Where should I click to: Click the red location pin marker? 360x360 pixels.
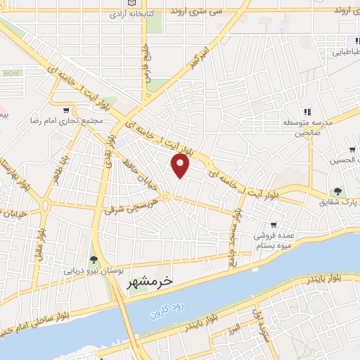point(181,166)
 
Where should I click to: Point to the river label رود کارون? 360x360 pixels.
point(166,310)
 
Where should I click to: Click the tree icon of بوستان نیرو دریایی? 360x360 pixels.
point(94,260)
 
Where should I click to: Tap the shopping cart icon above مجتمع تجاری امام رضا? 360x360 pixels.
point(67,110)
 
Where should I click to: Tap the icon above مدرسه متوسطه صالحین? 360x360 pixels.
point(307,111)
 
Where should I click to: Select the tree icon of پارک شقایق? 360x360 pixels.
point(339,191)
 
